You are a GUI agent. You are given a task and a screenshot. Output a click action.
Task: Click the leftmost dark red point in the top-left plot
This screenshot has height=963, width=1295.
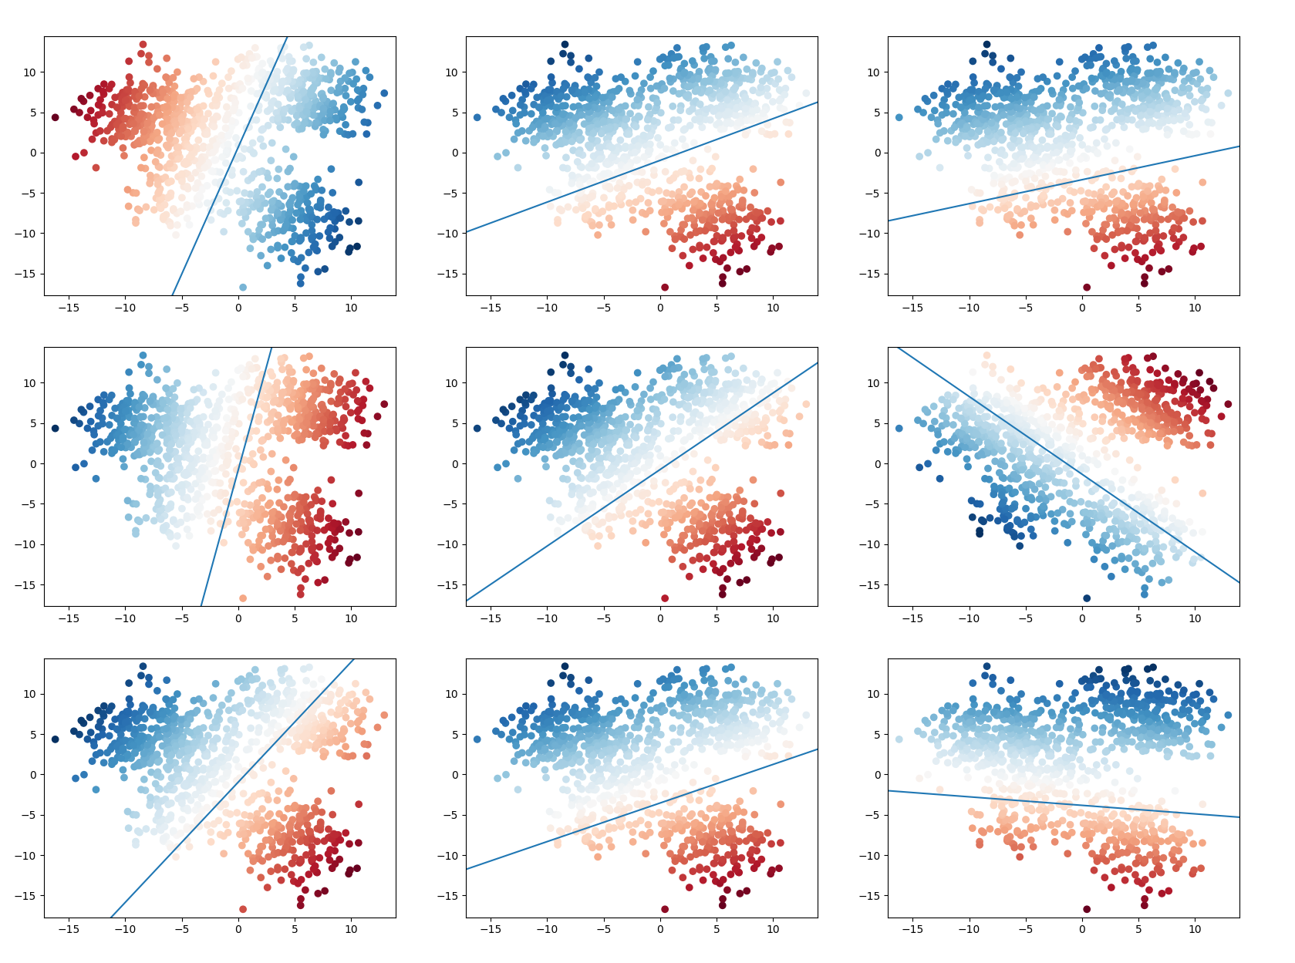tap(55, 117)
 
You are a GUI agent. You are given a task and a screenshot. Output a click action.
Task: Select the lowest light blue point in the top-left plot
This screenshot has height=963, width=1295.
tap(243, 288)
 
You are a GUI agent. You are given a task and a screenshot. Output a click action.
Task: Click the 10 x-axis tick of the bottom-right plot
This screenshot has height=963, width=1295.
tap(1195, 929)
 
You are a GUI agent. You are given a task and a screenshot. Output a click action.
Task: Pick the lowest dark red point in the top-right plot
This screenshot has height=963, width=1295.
tap(1087, 288)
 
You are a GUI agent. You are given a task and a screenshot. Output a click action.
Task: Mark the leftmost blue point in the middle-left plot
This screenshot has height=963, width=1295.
tap(55, 428)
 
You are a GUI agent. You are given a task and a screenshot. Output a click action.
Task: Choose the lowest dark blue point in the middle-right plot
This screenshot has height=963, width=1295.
tap(1087, 598)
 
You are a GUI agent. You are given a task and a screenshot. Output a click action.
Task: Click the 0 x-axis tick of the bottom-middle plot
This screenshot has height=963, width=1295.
tap(660, 929)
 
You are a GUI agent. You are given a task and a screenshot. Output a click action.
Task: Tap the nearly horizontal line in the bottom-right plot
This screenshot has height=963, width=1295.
tap(1064, 804)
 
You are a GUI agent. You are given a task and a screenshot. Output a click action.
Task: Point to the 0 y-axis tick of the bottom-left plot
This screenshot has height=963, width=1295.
tap(32, 775)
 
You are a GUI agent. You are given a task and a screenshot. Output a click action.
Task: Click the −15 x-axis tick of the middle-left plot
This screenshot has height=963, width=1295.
tap(69, 618)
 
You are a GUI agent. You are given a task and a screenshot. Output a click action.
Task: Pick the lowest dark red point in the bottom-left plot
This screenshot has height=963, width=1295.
tap(243, 909)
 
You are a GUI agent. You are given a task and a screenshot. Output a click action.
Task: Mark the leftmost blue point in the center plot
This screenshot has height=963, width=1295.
tap(477, 428)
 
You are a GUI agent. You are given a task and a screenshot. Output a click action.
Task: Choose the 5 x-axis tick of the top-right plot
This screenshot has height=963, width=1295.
tap(1138, 308)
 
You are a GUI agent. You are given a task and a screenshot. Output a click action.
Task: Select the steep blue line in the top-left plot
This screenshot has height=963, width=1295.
tap(230, 166)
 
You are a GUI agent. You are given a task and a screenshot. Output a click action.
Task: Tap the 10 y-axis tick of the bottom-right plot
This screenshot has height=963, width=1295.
tap(873, 694)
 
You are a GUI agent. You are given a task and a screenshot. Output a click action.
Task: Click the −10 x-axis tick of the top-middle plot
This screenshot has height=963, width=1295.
tap(547, 308)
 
